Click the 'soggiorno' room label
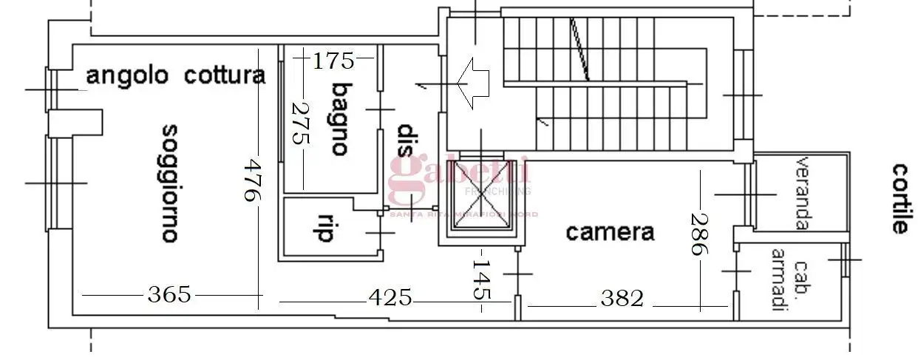pyautogui.click(x=169, y=183)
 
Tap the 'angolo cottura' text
pyautogui.click(x=175, y=75)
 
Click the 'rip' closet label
pyautogui.click(x=324, y=228)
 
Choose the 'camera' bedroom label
pyautogui.click(x=610, y=232)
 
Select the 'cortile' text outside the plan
pyautogui.click(x=898, y=198)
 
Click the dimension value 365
pyautogui.click(x=169, y=295)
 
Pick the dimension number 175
pyautogui.click(x=333, y=61)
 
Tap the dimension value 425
pyautogui.click(x=390, y=298)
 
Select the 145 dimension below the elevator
pyautogui.click(x=481, y=278)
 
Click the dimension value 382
pyautogui.click(x=622, y=299)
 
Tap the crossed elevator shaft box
pyautogui.click(x=481, y=197)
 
